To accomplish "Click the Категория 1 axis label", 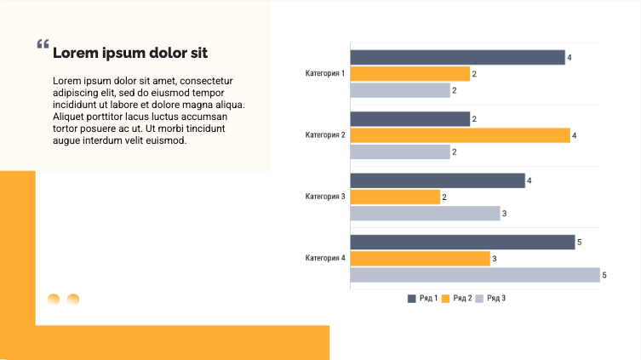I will click(325, 73).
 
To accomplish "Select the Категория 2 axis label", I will click(325, 134).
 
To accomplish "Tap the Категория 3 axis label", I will click(325, 197).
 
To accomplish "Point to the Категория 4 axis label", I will click(325, 258).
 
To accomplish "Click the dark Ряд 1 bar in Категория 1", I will click(457, 57).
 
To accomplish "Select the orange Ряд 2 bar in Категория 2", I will click(460, 135).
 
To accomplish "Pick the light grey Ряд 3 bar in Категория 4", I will click(474, 275).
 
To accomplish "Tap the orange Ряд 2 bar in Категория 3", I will click(395, 197).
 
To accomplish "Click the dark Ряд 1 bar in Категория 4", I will click(462, 243).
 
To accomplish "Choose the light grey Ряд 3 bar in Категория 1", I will click(399, 90).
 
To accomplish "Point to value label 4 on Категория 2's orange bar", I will click(575, 135).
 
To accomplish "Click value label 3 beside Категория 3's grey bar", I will click(505, 214).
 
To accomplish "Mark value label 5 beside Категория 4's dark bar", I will click(580, 243).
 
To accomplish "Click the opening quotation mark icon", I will click(43, 45).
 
